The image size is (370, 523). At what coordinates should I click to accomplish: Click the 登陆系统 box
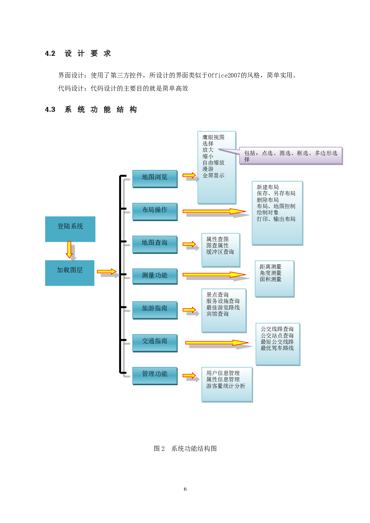click(70, 229)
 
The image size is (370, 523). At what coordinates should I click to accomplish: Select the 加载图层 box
click(70, 273)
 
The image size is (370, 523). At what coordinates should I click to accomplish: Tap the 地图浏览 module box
click(155, 178)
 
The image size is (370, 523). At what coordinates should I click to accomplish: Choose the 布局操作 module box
click(155, 211)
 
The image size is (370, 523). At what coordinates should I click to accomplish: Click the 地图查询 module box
click(155, 244)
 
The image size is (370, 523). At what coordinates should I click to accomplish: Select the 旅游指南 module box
click(155, 310)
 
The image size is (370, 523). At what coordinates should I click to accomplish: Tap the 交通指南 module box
click(155, 343)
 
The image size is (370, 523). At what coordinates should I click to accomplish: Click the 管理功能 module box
click(155, 375)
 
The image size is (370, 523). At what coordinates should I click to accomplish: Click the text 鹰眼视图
click(213, 137)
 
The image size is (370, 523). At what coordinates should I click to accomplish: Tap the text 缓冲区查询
click(220, 252)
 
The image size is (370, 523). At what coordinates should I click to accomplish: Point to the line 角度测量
click(271, 273)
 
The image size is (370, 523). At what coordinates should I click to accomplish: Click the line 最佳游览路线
click(223, 307)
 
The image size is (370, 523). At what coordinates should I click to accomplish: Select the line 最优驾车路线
click(277, 348)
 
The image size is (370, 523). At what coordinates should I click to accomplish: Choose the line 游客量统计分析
click(226, 386)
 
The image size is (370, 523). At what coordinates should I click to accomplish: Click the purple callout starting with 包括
click(291, 156)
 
